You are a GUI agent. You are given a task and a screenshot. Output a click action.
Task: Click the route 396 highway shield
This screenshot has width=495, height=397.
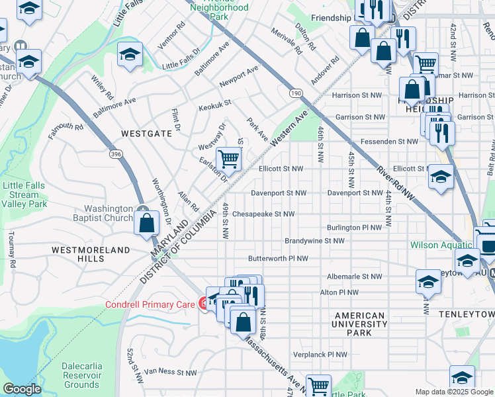tap(116, 154)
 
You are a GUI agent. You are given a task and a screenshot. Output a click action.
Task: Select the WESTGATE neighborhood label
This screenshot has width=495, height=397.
tap(147, 133)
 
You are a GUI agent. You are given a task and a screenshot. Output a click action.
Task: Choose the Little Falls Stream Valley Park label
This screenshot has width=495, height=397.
tap(24, 195)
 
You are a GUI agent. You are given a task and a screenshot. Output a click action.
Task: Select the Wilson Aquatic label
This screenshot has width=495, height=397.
tap(443, 245)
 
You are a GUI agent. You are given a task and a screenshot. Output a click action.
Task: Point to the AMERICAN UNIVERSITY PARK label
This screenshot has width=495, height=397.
tap(361, 324)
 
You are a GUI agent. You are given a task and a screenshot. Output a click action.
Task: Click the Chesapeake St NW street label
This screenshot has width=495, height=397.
tap(263, 214)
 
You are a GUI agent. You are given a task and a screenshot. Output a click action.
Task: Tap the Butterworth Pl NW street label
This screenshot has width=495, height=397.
tap(278, 258)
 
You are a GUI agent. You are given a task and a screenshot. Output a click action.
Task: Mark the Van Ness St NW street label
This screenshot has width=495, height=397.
tap(170, 373)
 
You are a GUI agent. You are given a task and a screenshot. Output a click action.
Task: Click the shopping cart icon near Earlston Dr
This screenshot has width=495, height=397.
tap(228, 158)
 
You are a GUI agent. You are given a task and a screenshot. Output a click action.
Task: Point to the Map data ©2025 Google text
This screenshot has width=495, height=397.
tap(454, 392)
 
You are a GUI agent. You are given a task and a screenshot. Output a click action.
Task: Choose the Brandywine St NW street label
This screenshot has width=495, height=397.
tap(315, 241)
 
